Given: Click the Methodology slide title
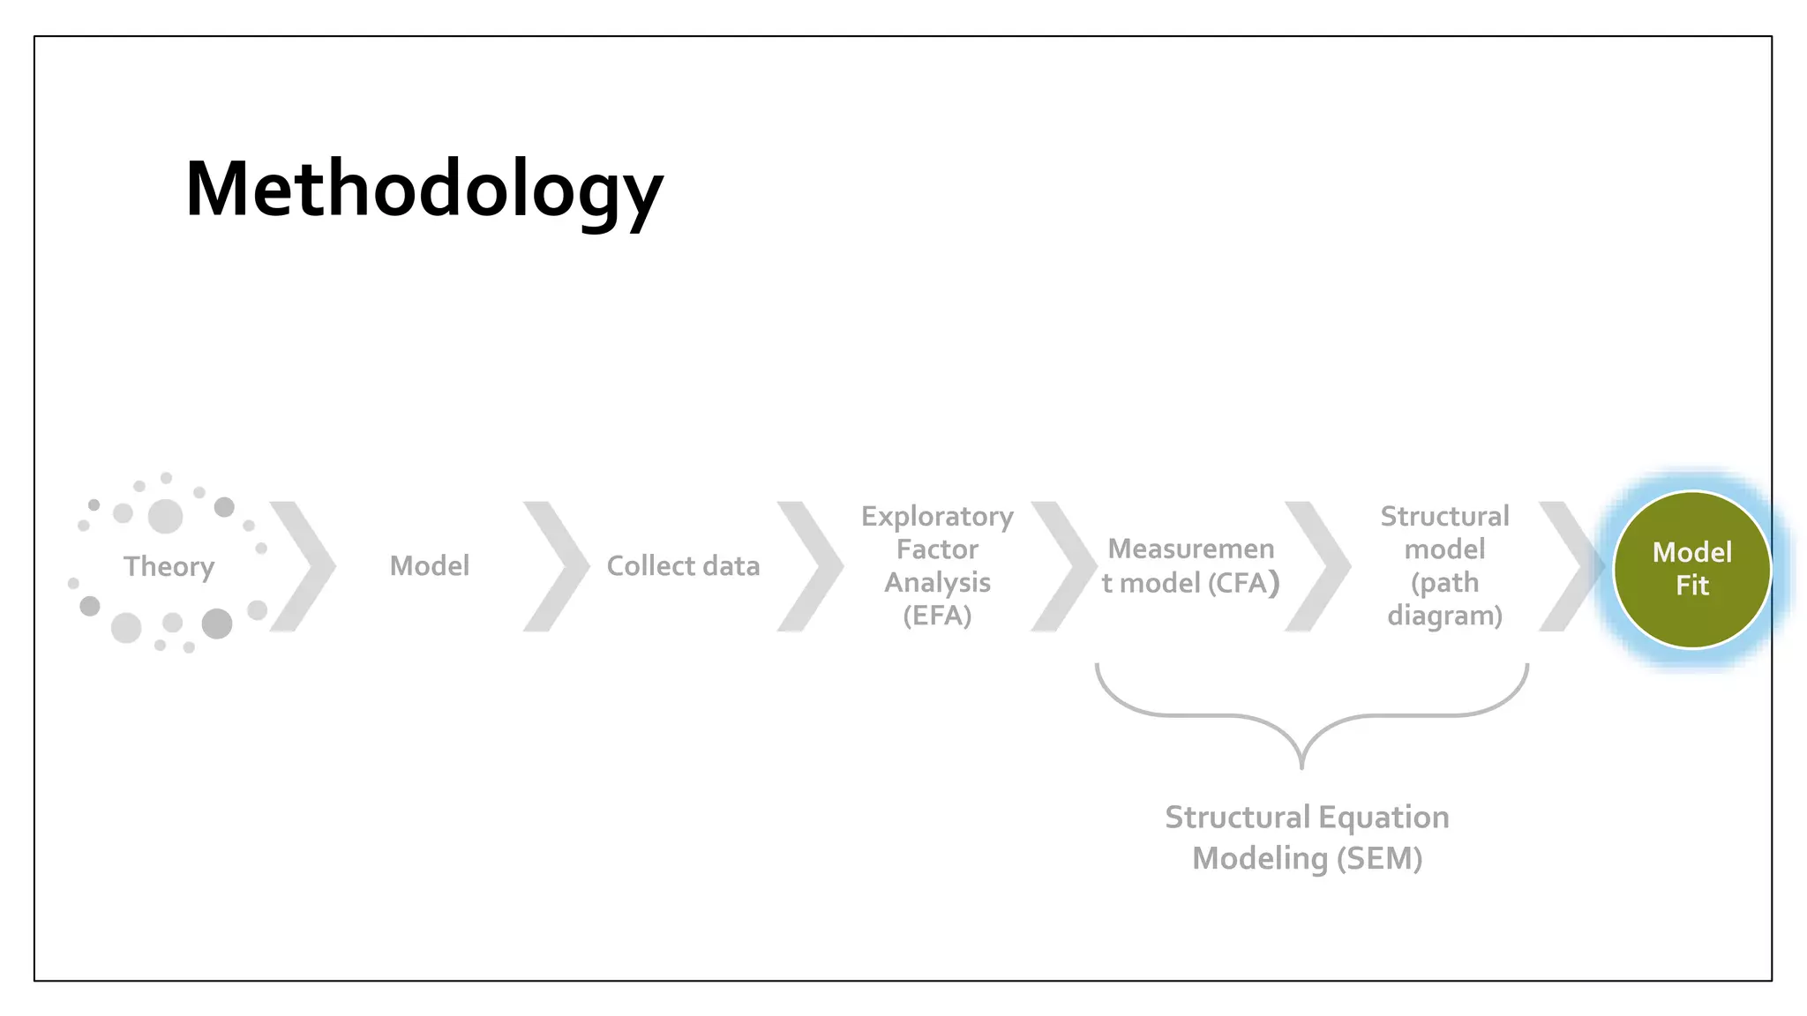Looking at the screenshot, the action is click(424, 190).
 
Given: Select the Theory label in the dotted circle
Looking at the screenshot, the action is click(169, 566).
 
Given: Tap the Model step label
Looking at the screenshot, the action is click(430, 566).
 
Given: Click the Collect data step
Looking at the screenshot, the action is click(683, 566).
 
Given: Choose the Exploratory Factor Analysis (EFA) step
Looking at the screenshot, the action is click(937, 565).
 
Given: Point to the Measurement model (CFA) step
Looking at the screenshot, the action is click(1190, 565).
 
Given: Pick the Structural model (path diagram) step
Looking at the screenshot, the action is click(1444, 565).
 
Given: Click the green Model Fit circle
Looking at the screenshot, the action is click(1691, 569).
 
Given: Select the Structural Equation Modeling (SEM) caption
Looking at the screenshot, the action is click(1307, 838).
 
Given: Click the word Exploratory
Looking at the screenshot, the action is click(937, 516).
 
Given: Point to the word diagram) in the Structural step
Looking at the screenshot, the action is click(1444, 615).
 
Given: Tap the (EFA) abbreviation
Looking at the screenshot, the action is click(937, 615).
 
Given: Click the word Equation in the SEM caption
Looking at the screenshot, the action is click(1383, 818).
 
